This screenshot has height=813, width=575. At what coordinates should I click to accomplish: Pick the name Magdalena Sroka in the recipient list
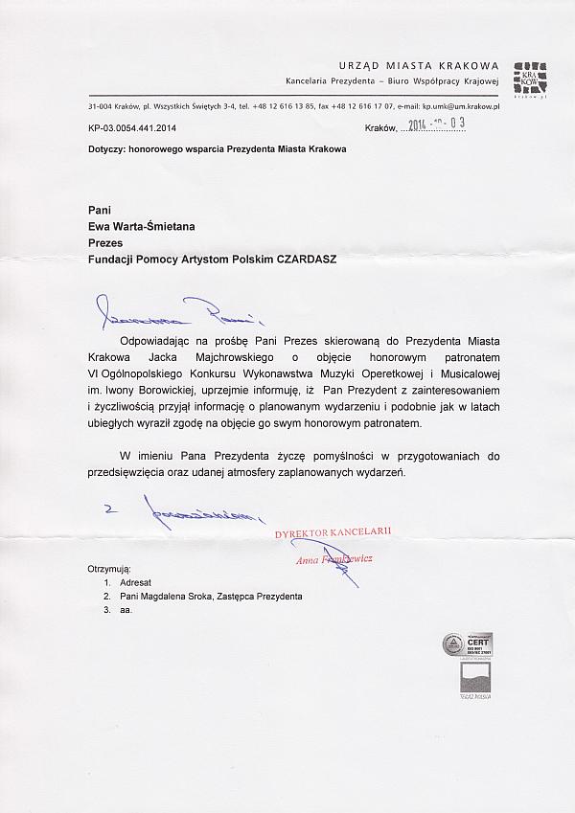(188, 596)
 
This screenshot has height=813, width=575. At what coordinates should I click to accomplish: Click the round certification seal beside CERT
(453, 644)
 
